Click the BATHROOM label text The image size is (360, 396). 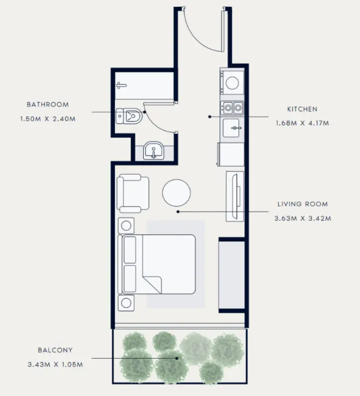tap(48, 105)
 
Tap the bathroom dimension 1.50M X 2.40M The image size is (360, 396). tap(48, 119)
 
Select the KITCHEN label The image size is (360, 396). tap(302, 109)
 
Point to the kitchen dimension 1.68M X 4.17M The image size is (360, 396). tap(302, 123)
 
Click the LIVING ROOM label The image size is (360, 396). tap(302, 204)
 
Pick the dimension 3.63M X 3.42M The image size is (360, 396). tap(302, 218)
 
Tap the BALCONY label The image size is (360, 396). tap(55, 350)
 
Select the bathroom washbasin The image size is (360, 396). tap(154, 151)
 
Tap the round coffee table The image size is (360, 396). tap(176, 192)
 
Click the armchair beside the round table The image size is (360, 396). tap(133, 193)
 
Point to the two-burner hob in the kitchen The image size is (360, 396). tap(232, 107)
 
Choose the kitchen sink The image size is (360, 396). tap(233, 128)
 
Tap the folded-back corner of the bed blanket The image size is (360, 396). tap(153, 283)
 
